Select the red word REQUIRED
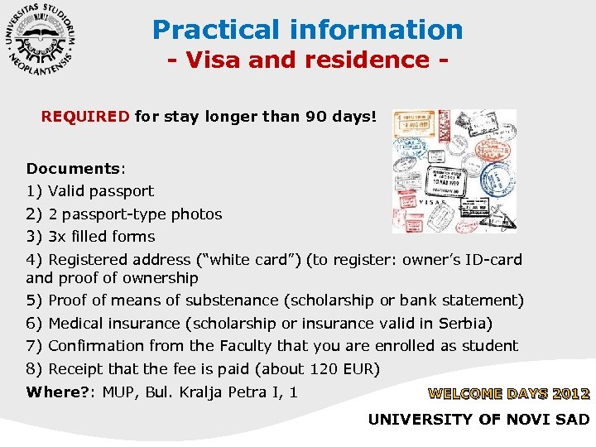click(x=85, y=117)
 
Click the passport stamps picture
click(x=454, y=171)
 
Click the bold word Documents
click(x=74, y=168)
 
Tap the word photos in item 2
click(x=197, y=214)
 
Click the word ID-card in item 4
click(x=494, y=260)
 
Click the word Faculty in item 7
click(x=249, y=345)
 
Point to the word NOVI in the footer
click(x=525, y=420)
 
